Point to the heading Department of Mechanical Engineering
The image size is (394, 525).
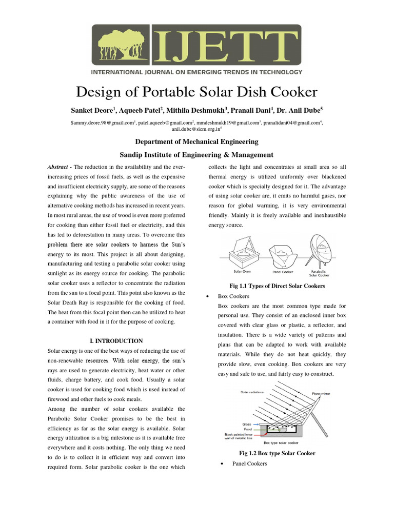click(196, 142)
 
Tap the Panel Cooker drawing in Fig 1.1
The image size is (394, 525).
click(282, 254)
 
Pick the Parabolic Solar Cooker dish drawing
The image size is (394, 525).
click(321, 250)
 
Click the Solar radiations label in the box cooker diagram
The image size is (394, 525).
click(252, 392)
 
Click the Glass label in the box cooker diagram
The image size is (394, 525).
click(246, 425)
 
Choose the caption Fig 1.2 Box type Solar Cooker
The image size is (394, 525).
click(277, 453)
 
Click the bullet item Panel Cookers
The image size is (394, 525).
click(249, 463)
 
